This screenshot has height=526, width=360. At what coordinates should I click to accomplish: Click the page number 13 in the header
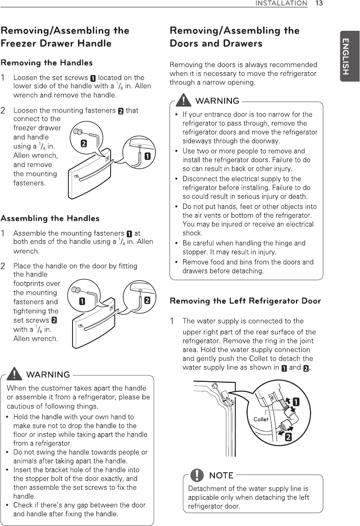(319, 4)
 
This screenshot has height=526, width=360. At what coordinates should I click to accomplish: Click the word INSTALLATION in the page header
(281, 4)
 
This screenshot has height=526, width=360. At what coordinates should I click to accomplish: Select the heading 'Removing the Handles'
(46, 63)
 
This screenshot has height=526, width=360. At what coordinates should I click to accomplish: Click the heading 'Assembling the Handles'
(50, 218)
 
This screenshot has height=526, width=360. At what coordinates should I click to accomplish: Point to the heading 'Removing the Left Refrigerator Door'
(245, 301)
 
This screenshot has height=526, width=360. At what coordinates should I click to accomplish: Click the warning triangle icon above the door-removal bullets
(185, 100)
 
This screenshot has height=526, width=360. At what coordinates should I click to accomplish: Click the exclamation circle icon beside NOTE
(197, 475)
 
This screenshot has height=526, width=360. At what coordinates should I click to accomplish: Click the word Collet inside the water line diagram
(261, 419)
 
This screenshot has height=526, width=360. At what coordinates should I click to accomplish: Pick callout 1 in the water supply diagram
(296, 402)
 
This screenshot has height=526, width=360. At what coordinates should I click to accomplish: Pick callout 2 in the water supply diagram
(288, 436)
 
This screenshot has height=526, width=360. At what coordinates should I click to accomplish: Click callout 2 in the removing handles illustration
(84, 144)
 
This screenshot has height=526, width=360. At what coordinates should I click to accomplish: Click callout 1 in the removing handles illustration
(147, 156)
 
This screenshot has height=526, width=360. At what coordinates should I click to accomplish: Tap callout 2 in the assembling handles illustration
(147, 300)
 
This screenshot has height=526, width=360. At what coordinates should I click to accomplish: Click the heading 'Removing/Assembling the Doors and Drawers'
(234, 37)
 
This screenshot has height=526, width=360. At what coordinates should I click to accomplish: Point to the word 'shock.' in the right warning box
(192, 233)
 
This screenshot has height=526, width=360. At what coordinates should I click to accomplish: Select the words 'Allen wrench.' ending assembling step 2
(36, 339)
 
